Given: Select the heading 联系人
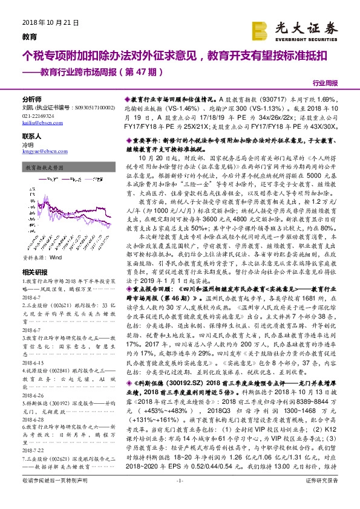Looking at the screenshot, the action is [31, 137].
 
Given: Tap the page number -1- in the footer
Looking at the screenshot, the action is [179, 497].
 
